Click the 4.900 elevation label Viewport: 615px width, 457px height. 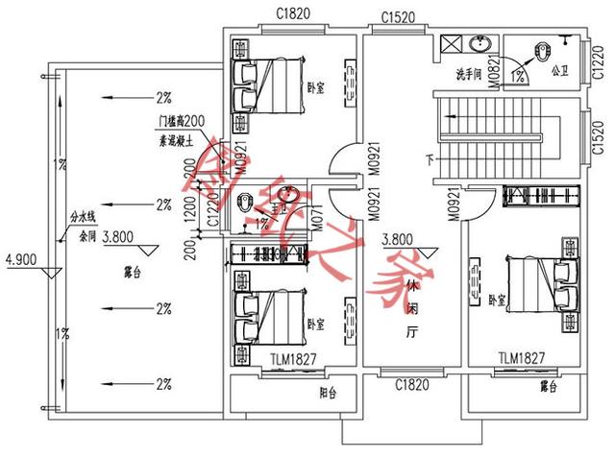click(20, 258)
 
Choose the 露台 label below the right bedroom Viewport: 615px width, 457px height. click(549, 386)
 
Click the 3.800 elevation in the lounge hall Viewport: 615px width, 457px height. click(397, 240)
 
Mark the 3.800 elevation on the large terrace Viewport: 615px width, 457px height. click(116, 235)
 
